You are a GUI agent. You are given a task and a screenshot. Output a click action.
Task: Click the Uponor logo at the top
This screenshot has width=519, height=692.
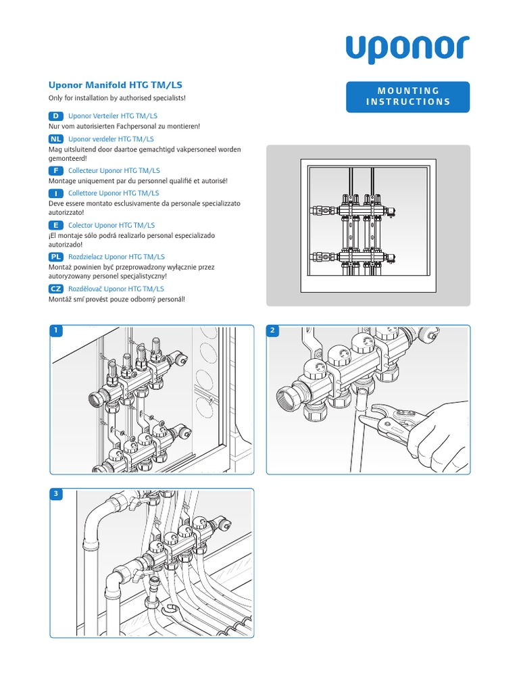pos(407,49)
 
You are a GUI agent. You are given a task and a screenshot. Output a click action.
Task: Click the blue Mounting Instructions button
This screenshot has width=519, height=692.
pos(407,97)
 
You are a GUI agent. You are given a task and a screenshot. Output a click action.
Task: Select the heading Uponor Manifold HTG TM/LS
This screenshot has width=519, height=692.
pos(115,85)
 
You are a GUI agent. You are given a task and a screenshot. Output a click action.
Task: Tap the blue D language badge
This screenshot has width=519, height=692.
pos(56,116)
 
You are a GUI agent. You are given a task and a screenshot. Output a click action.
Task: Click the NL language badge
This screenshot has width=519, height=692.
pos(56,139)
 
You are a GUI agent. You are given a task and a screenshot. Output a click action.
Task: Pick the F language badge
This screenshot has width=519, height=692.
pos(56,171)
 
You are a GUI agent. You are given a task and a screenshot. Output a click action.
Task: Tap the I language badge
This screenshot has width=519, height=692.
pos(56,193)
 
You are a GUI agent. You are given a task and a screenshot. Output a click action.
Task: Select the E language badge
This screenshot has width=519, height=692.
pos(56,225)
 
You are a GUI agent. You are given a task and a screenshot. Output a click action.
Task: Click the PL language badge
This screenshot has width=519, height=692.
pos(56,257)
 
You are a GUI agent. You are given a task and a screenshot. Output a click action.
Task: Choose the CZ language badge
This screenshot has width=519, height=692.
pos(56,289)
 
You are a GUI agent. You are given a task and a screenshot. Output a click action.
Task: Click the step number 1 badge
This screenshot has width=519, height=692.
pos(57,330)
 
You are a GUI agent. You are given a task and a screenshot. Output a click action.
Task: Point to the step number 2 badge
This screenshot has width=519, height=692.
pos(273,330)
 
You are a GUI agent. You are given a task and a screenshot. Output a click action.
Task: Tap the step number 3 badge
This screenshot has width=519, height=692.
pos(57,494)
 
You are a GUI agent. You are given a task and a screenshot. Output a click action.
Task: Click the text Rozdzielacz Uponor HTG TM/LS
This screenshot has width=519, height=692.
pos(116,257)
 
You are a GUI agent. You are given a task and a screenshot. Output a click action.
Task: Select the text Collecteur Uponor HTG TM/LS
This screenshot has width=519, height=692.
pos(114,171)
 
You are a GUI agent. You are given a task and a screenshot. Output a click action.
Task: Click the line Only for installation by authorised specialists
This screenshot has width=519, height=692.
pos(117,99)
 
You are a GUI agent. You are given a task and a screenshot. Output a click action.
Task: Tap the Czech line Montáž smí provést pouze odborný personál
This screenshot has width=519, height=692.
pos(116,299)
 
